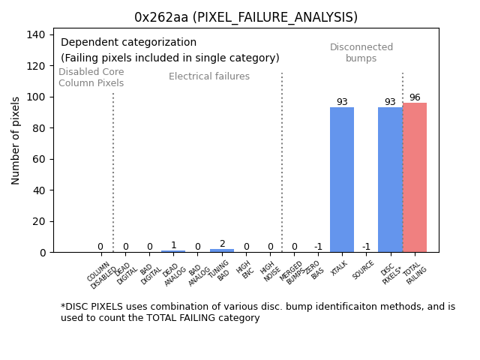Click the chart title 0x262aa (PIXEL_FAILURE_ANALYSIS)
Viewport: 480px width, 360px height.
(246, 17)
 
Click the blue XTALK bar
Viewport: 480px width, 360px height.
(342, 180)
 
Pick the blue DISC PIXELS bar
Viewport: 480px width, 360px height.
(390, 180)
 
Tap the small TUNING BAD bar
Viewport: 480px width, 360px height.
(222, 250)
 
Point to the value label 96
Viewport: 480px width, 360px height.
(415, 97)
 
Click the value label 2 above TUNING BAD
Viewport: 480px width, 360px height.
(222, 244)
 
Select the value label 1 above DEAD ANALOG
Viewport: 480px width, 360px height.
(173, 245)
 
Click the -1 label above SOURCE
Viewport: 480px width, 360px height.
(366, 247)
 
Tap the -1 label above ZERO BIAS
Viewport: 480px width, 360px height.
(318, 247)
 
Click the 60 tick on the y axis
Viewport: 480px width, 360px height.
(40, 159)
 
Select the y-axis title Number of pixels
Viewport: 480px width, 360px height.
(16, 140)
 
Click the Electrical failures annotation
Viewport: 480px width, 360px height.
(209, 76)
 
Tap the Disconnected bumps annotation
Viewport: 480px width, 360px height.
(361, 52)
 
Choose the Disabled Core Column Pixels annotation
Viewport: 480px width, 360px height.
(91, 77)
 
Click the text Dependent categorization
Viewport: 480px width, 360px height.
(128, 43)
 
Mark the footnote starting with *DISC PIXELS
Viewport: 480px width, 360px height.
(257, 312)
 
